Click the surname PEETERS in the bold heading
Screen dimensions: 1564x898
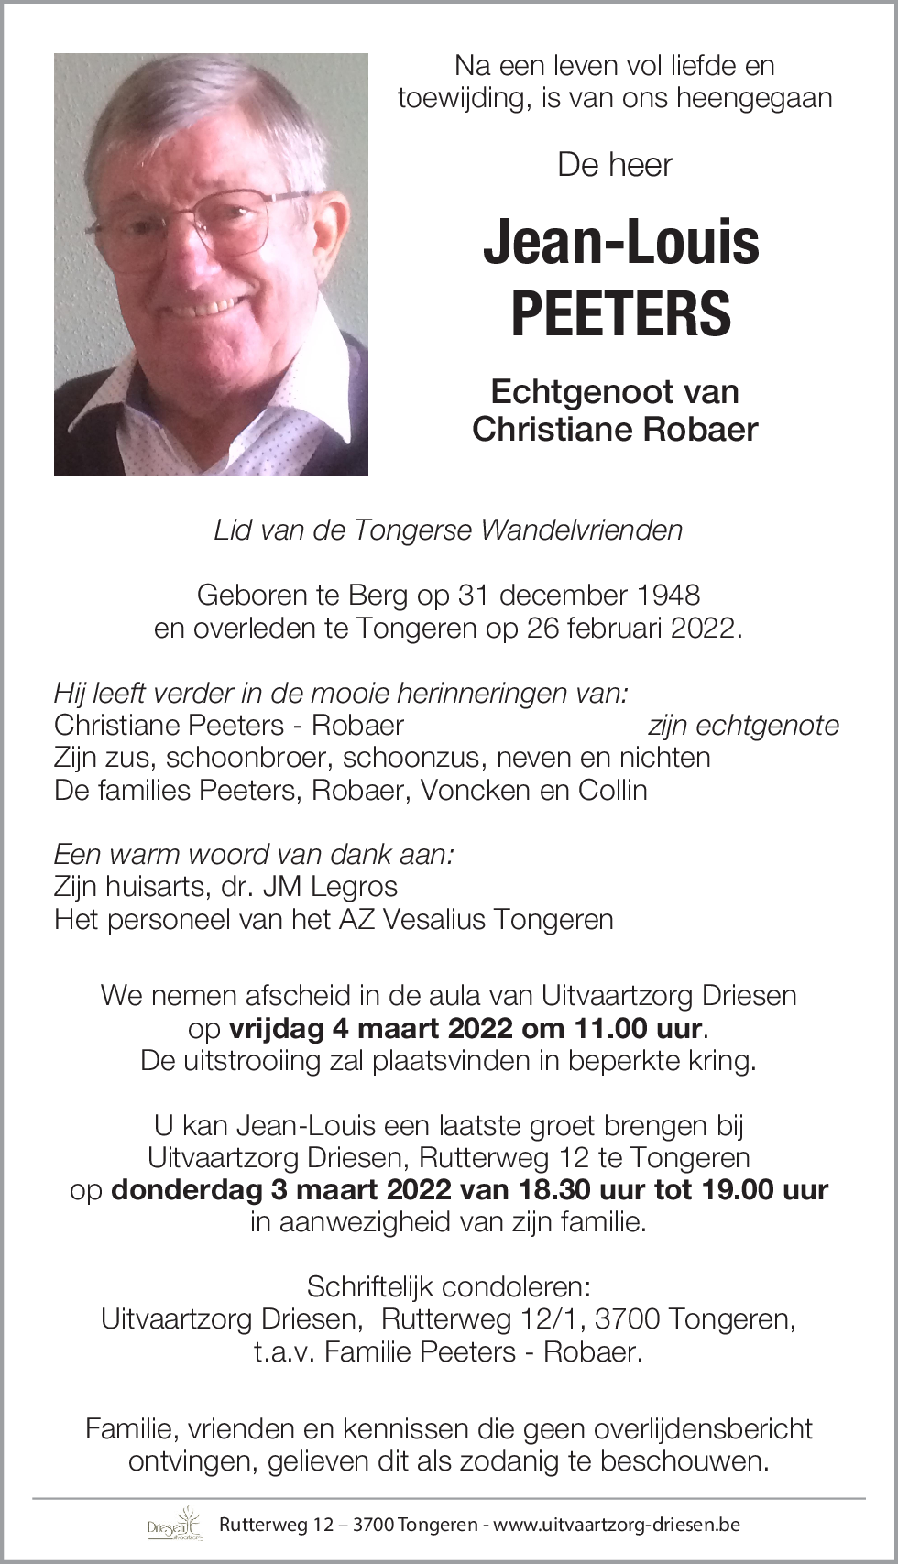(x=620, y=313)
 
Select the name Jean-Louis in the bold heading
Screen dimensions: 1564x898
(x=620, y=243)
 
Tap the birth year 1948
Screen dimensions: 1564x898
(x=667, y=596)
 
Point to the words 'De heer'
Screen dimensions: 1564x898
(x=615, y=165)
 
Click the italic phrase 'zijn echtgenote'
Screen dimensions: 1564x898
(x=743, y=726)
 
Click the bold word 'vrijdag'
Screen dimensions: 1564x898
(x=277, y=1028)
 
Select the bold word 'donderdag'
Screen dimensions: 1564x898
(x=186, y=1190)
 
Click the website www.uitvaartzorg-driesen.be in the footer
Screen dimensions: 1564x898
(x=617, y=1526)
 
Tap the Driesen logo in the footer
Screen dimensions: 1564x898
(x=174, y=1525)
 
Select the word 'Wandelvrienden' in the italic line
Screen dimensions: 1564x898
(x=582, y=530)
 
